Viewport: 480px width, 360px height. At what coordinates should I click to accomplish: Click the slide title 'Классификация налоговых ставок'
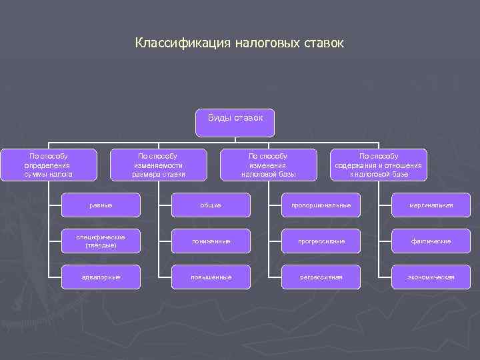point(239,43)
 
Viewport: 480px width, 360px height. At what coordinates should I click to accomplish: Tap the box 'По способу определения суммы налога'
point(48,165)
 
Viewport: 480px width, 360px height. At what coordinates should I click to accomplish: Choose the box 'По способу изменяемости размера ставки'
point(158,165)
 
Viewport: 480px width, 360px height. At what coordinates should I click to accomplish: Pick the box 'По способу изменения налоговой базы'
point(268,165)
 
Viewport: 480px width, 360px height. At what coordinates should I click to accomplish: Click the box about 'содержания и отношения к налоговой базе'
point(379,165)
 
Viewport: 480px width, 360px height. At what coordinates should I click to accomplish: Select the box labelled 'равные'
point(101,205)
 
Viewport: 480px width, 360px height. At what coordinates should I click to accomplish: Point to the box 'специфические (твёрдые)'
point(101,241)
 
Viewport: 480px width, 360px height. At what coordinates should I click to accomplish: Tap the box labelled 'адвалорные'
point(101,277)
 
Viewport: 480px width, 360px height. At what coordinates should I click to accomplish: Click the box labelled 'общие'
point(211,205)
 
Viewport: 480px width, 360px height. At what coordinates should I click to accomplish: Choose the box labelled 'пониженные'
point(211,241)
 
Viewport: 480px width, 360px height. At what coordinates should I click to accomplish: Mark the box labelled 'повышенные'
point(211,277)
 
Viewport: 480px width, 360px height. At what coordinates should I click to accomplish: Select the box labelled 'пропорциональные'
point(321,205)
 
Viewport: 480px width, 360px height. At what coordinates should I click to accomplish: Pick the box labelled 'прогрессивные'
point(321,241)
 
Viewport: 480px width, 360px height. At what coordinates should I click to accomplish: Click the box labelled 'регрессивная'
point(321,277)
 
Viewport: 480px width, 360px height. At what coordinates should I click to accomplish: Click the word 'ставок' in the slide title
point(323,43)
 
